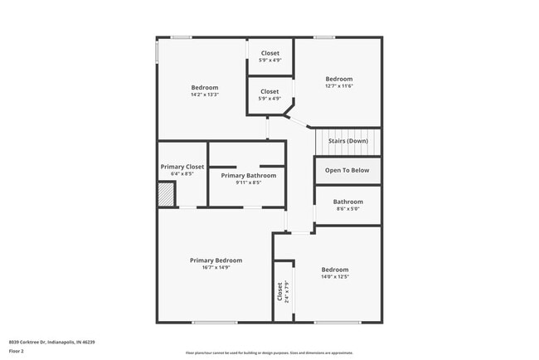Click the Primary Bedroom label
pos(216,260)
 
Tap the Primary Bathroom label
pos(248,175)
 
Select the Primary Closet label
pos(182,167)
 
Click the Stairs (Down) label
pos(347,141)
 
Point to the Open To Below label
pos(347,170)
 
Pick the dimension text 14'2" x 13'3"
pos(205,95)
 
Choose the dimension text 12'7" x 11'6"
pos(338,86)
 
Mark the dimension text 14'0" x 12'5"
pos(335,276)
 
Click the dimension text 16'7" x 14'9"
pos(216,267)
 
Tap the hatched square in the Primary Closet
pos(167,195)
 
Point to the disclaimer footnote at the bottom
pos(269,353)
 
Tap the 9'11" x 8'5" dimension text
pos(248,182)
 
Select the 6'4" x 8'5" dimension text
pos(182,174)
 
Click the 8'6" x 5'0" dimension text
pos(347,209)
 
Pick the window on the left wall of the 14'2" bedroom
pos(158,51)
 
